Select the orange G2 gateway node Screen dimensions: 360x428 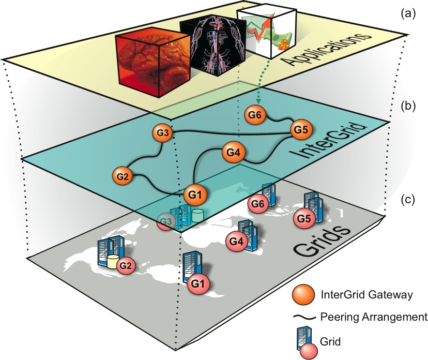point(121,175)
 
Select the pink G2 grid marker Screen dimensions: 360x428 point(126,266)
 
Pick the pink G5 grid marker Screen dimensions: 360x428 point(304,218)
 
